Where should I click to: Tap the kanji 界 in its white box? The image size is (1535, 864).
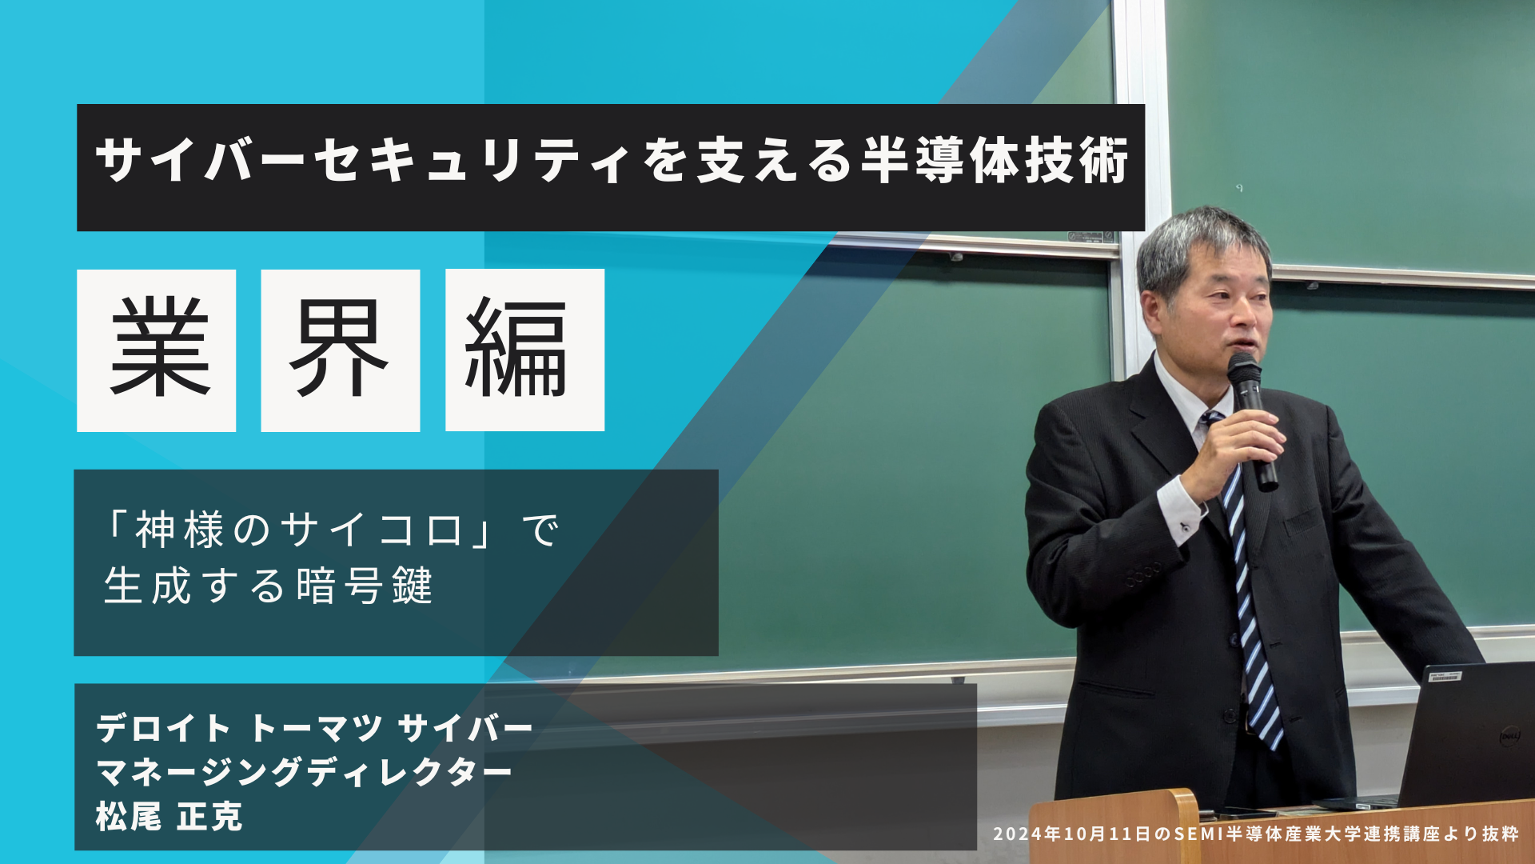point(339,348)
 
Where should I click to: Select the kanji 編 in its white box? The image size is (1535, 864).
point(516,347)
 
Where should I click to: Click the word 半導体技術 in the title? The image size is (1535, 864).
point(995,161)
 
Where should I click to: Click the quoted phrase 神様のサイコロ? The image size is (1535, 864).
point(299,530)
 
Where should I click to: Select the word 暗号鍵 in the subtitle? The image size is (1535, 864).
point(365,586)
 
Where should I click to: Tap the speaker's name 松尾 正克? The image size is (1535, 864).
point(169,817)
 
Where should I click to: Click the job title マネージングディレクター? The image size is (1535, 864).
point(304,773)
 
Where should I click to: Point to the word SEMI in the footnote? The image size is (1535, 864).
point(1198,834)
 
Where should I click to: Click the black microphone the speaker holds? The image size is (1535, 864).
point(1252,420)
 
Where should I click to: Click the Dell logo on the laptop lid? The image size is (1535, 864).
point(1509,735)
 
